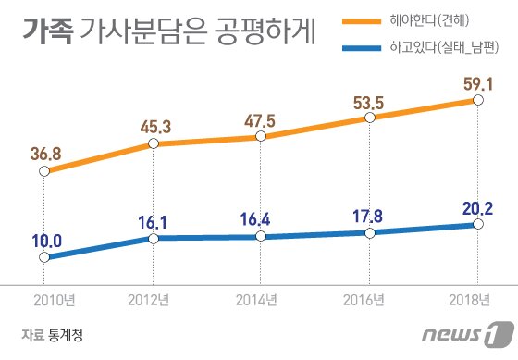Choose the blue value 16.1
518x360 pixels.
154,221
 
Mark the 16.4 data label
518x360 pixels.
260,220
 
